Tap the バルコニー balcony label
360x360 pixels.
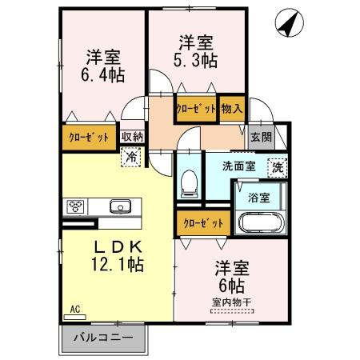point(104,336)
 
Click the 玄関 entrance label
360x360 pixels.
point(261,137)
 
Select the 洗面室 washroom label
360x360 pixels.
point(238,167)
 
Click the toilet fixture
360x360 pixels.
point(190,182)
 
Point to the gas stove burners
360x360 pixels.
point(77,206)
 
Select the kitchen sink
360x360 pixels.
point(120,206)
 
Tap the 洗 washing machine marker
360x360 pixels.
point(277,167)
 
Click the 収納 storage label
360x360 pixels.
point(132,137)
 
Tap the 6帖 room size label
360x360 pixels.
point(230,285)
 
